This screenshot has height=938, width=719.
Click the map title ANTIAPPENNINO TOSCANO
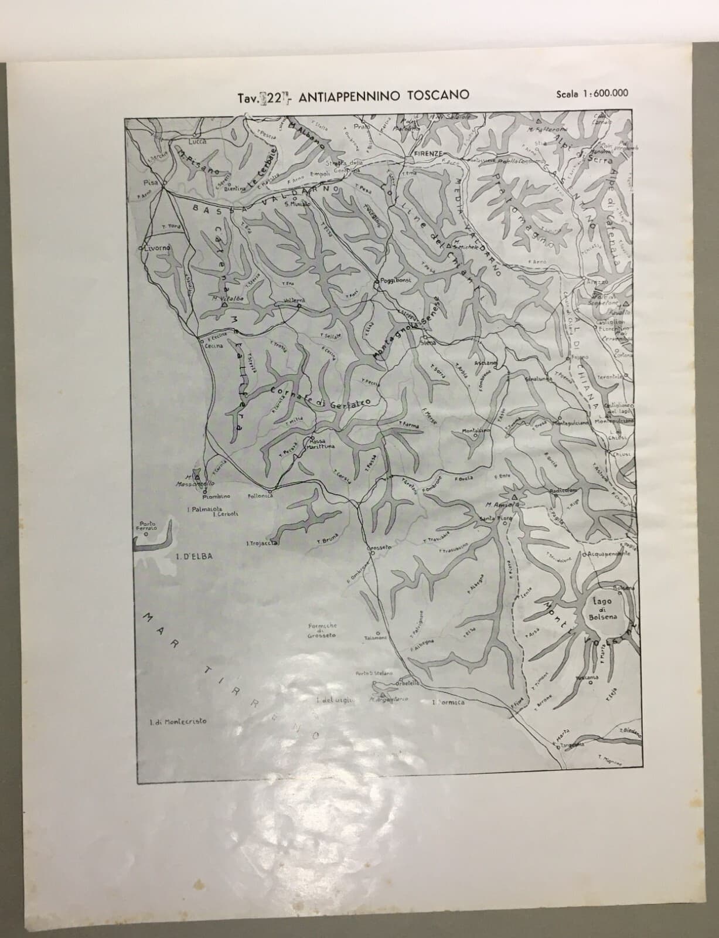[383, 97]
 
